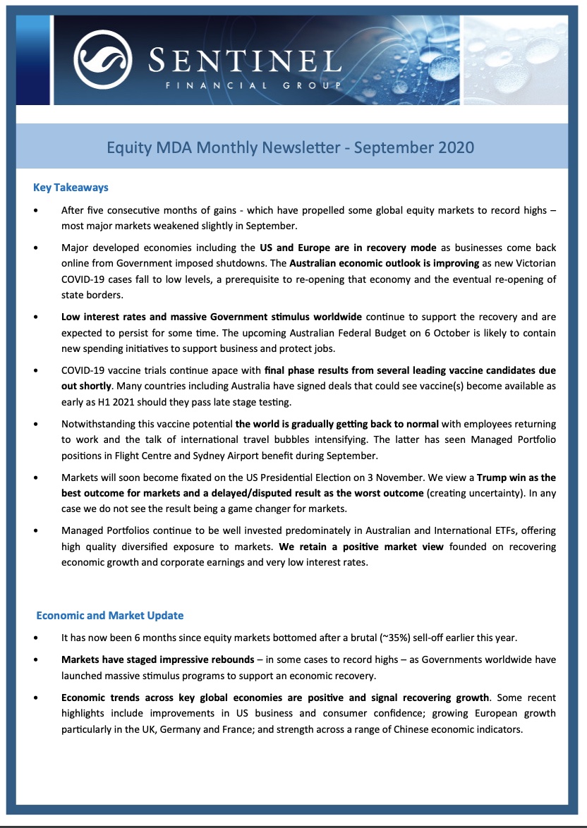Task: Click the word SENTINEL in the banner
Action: [245, 58]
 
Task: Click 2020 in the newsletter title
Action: [452, 147]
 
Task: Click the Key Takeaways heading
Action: [71, 188]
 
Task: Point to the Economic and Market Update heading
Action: [110, 615]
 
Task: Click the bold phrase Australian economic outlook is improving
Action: [385, 263]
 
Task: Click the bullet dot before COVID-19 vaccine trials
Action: [37, 371]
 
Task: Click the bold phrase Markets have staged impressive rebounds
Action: [158, 660]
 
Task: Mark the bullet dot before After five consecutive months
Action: [37, 211]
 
